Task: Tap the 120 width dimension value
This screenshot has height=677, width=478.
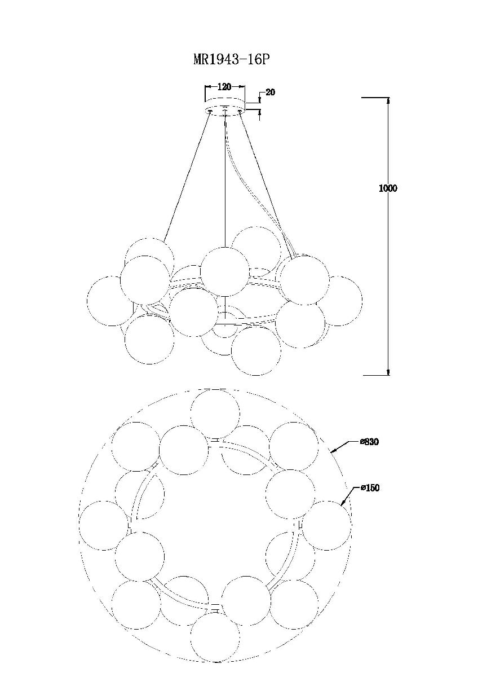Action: click(x=225, y=87)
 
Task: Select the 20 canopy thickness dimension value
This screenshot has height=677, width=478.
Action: click(x=270, y=93)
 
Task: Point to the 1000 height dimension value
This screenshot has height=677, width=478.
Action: click(x=388, y=188)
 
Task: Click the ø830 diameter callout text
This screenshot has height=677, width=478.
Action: click(x=370, y=442)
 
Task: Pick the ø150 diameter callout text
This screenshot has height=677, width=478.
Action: click(x=370, y=488)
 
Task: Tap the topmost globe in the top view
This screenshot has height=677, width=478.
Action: click(x=214, y=413)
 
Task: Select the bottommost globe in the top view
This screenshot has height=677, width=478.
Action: click(x=214, y=636)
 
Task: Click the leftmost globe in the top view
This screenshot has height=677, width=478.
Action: click(x=103, y=525)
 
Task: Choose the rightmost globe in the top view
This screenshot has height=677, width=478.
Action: click(x=326, y=525)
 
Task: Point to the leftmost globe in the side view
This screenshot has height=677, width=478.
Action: click(x=111, y=301)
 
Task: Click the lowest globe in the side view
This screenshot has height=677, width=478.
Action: click(x=256, y=351)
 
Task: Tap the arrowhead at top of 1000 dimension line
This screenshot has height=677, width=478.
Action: click(x=388, y=100)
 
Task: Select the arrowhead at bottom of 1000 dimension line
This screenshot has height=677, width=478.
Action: click(x=388, y=372)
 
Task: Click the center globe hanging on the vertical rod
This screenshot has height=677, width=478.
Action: click(x=224, y=271)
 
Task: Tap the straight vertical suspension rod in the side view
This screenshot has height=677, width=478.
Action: click(x=225, y=181)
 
